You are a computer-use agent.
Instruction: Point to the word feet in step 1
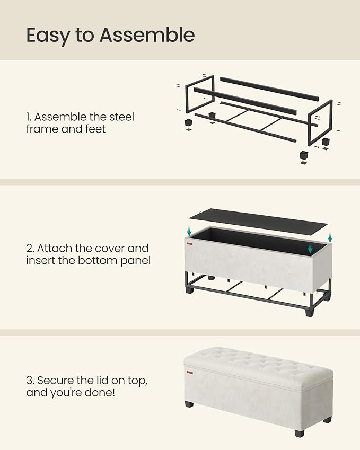click(x=94, y=129)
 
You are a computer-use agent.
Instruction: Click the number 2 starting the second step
click(x=29, y=248)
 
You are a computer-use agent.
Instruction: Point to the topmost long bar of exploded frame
click(x=269, y=89)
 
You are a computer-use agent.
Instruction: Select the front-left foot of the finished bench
click(x=189, y=404)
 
